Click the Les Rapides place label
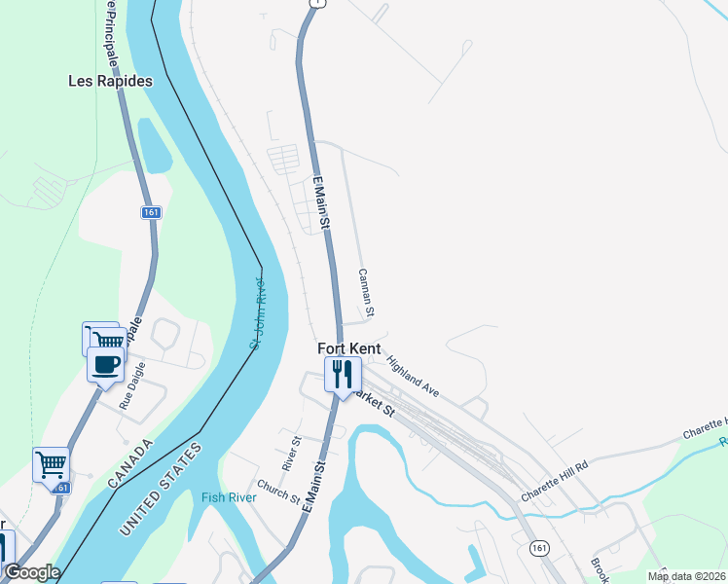coord(110,82)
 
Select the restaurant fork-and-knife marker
coord(343,374)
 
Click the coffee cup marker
coord(105,366)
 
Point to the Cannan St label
coord(367,293)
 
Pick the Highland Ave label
coord(413,377)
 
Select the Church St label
coord(279,493)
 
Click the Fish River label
coord(229,497)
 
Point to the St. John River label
coord(257,313)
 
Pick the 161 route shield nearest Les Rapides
coord(150,212)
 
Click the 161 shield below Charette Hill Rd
coord(539,549)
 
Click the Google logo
coord(31,572)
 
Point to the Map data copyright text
coord(687,576)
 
